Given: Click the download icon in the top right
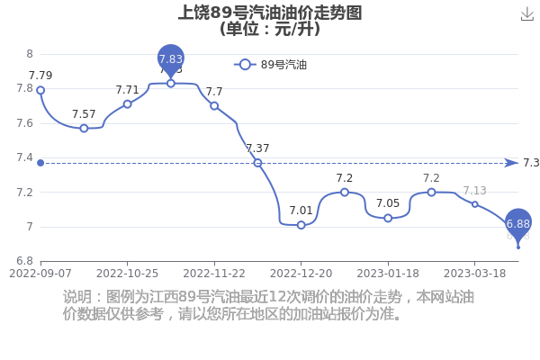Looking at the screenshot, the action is point(526,14).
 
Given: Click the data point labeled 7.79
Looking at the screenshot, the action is point(40,90).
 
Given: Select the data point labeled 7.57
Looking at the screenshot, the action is point(84,129).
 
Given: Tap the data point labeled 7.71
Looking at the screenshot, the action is point(128,104).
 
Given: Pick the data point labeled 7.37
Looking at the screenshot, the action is point(257,163).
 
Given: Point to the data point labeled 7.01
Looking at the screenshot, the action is point(301,225).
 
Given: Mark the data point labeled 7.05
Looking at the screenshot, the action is point(388,218).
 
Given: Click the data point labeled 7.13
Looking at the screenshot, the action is point(475,204).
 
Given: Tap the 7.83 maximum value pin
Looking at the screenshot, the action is point(171,59).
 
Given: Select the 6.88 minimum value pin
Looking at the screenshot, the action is point(518,224).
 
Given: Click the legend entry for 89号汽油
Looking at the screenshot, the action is point(270,65).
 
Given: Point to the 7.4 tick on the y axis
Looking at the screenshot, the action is point(25,157).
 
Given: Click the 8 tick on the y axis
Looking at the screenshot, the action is point(30,54).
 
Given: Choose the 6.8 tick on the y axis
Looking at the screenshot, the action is point(25,261).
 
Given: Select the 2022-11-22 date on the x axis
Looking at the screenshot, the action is point(214,274).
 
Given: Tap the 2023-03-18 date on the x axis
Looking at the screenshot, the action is point(474,274).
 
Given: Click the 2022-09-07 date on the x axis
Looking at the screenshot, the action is point(40,274).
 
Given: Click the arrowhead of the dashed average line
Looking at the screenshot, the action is point(512,163).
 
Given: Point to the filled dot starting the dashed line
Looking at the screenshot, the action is point(40,163).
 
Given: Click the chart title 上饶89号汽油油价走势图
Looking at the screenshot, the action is point(270,13).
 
